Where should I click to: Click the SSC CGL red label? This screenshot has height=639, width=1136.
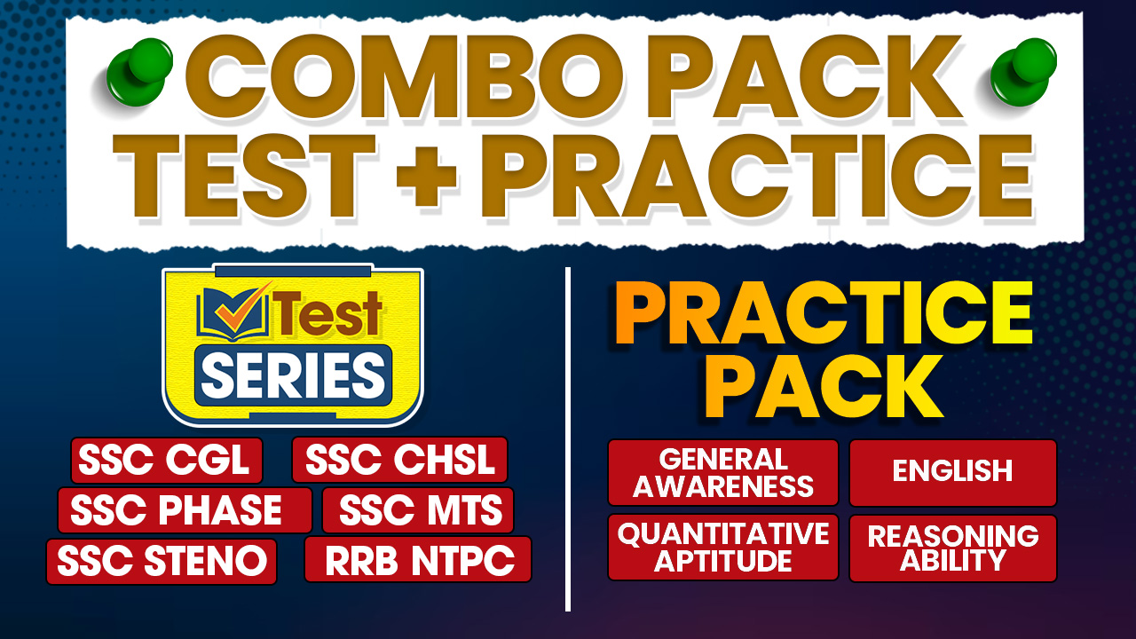[x=167, y=461]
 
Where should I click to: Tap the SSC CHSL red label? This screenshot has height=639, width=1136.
[x=399, y=460]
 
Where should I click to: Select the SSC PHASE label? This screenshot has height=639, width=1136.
[x=185, y=510]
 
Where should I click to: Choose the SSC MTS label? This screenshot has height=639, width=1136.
[x=418, y=510]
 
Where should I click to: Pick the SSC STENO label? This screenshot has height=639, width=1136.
[x=162, y=562]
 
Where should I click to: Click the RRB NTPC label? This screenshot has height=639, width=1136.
[x=418, y=559]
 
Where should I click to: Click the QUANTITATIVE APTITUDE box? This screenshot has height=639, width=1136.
[x=722, y=548]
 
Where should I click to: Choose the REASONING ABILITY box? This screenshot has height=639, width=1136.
[x=953, y=548]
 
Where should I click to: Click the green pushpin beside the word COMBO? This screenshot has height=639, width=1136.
[x=139, y=72]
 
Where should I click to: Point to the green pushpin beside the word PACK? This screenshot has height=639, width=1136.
[x=1023, y=72]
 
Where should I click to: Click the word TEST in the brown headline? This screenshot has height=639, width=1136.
[x=244, y=176]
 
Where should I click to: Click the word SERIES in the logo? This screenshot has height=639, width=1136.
[x=293, y=375]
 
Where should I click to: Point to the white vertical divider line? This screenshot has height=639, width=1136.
[x=568, y=439]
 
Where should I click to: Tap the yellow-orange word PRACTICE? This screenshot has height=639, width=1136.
[x=824, y=313]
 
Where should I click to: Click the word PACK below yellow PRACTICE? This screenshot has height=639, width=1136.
[x=830, y=387]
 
